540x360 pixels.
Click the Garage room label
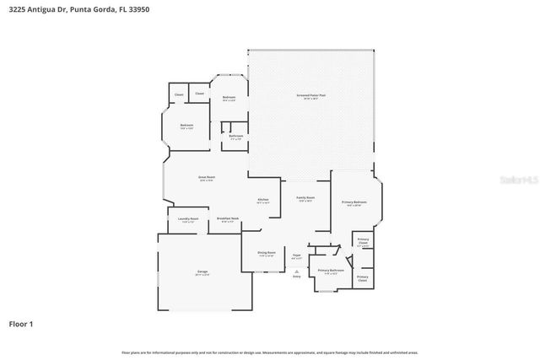pyautogui.click(x=202, y=272)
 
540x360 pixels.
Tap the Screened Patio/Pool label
pyautogui.click(x=310, y=96)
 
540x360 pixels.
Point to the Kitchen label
pyautogui.click(x=263, y=200)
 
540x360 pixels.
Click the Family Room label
pyautogui.click(x=305, y=198)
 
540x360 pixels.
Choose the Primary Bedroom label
pyautogui.click(x=354, y=203)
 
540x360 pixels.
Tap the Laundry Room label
pyautogui.click(x=188, y=219)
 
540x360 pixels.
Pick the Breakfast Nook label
pyautogui.click(x=228, y=219)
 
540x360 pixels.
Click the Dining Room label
pyautogui.click(x=266, y=254)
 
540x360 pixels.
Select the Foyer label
pyautogui.click(x=296, y=255)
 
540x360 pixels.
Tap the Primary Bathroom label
pyautogui.click(x=328, y=271)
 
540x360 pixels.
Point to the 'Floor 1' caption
pyautogui.click(x=22, y=324)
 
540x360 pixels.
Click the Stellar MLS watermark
pyautogui.click(x=516, y=180)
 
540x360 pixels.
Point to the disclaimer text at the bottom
pyautogui.click(x=269, y=352)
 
